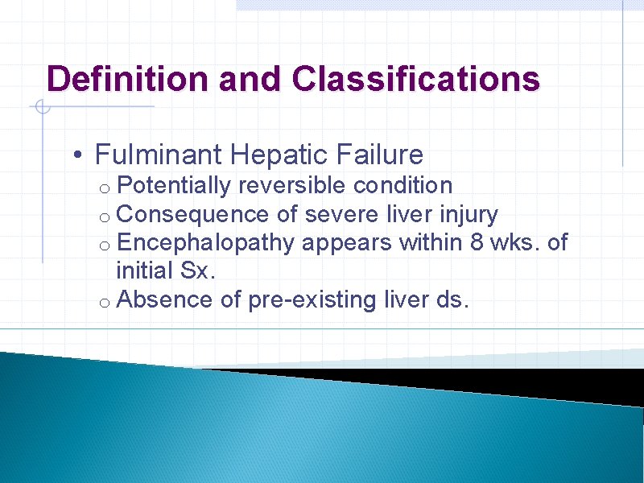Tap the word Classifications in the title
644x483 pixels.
pyautogui.click(x=416, y=79)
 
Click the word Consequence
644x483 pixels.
pyautogui.click(x=192, y=215)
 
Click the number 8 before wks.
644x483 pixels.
pyautogui.click(x=477, y=243)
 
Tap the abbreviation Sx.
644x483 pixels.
pyautogui.click(x=200, y=271)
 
